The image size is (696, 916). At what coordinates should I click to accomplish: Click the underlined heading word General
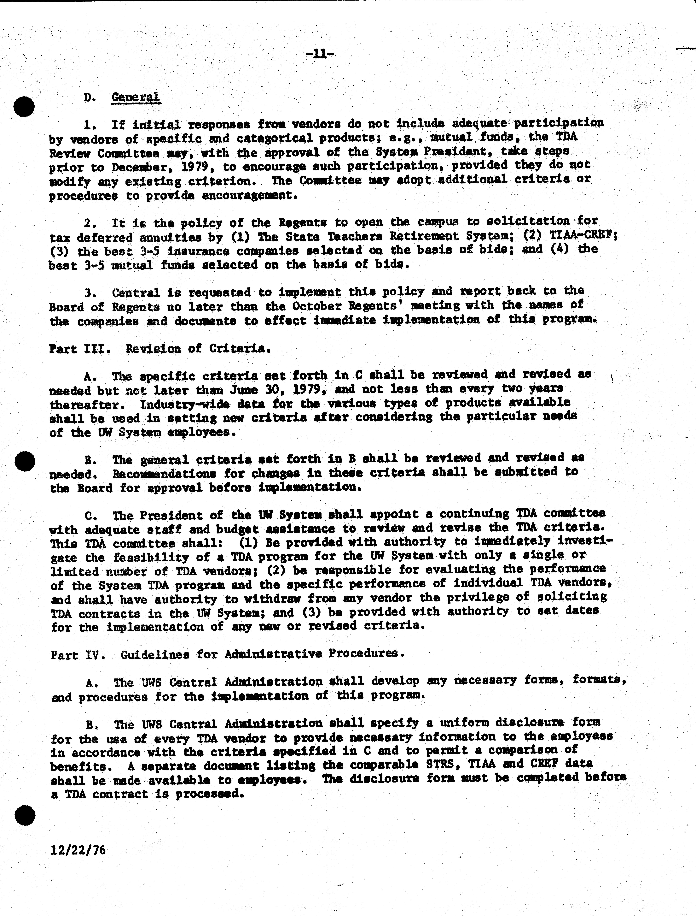coord(136,97)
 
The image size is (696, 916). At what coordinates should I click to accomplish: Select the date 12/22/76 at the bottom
coord(78,850)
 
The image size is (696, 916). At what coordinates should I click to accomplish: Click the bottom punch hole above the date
coord(25,816)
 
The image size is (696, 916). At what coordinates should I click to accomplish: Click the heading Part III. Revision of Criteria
coord(160,349)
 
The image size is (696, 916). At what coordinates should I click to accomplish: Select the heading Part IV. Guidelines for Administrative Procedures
coord(227,654)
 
